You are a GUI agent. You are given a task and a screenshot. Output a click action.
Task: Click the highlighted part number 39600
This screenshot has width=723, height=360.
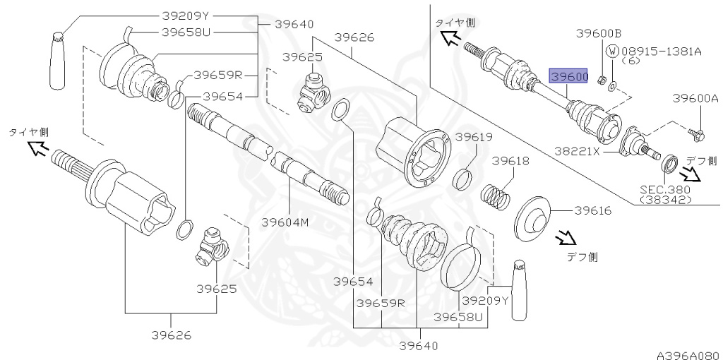[568, 76]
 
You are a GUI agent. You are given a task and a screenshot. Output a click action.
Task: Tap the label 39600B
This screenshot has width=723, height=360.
[599, 32]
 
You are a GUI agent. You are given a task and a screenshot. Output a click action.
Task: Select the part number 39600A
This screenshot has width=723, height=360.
[695, 97]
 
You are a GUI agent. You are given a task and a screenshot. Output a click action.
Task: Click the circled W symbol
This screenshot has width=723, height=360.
[613, 51]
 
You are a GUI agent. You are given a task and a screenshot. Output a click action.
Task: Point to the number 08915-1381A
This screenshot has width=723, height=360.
[662, 51]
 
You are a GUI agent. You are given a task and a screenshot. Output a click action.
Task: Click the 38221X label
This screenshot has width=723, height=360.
[578, 150]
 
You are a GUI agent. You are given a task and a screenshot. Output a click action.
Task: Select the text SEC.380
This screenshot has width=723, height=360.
[665, 189]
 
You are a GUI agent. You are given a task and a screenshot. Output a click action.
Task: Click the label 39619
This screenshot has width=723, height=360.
[474, 137]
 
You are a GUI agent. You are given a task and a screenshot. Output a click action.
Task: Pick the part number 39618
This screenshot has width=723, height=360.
[510, 161]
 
